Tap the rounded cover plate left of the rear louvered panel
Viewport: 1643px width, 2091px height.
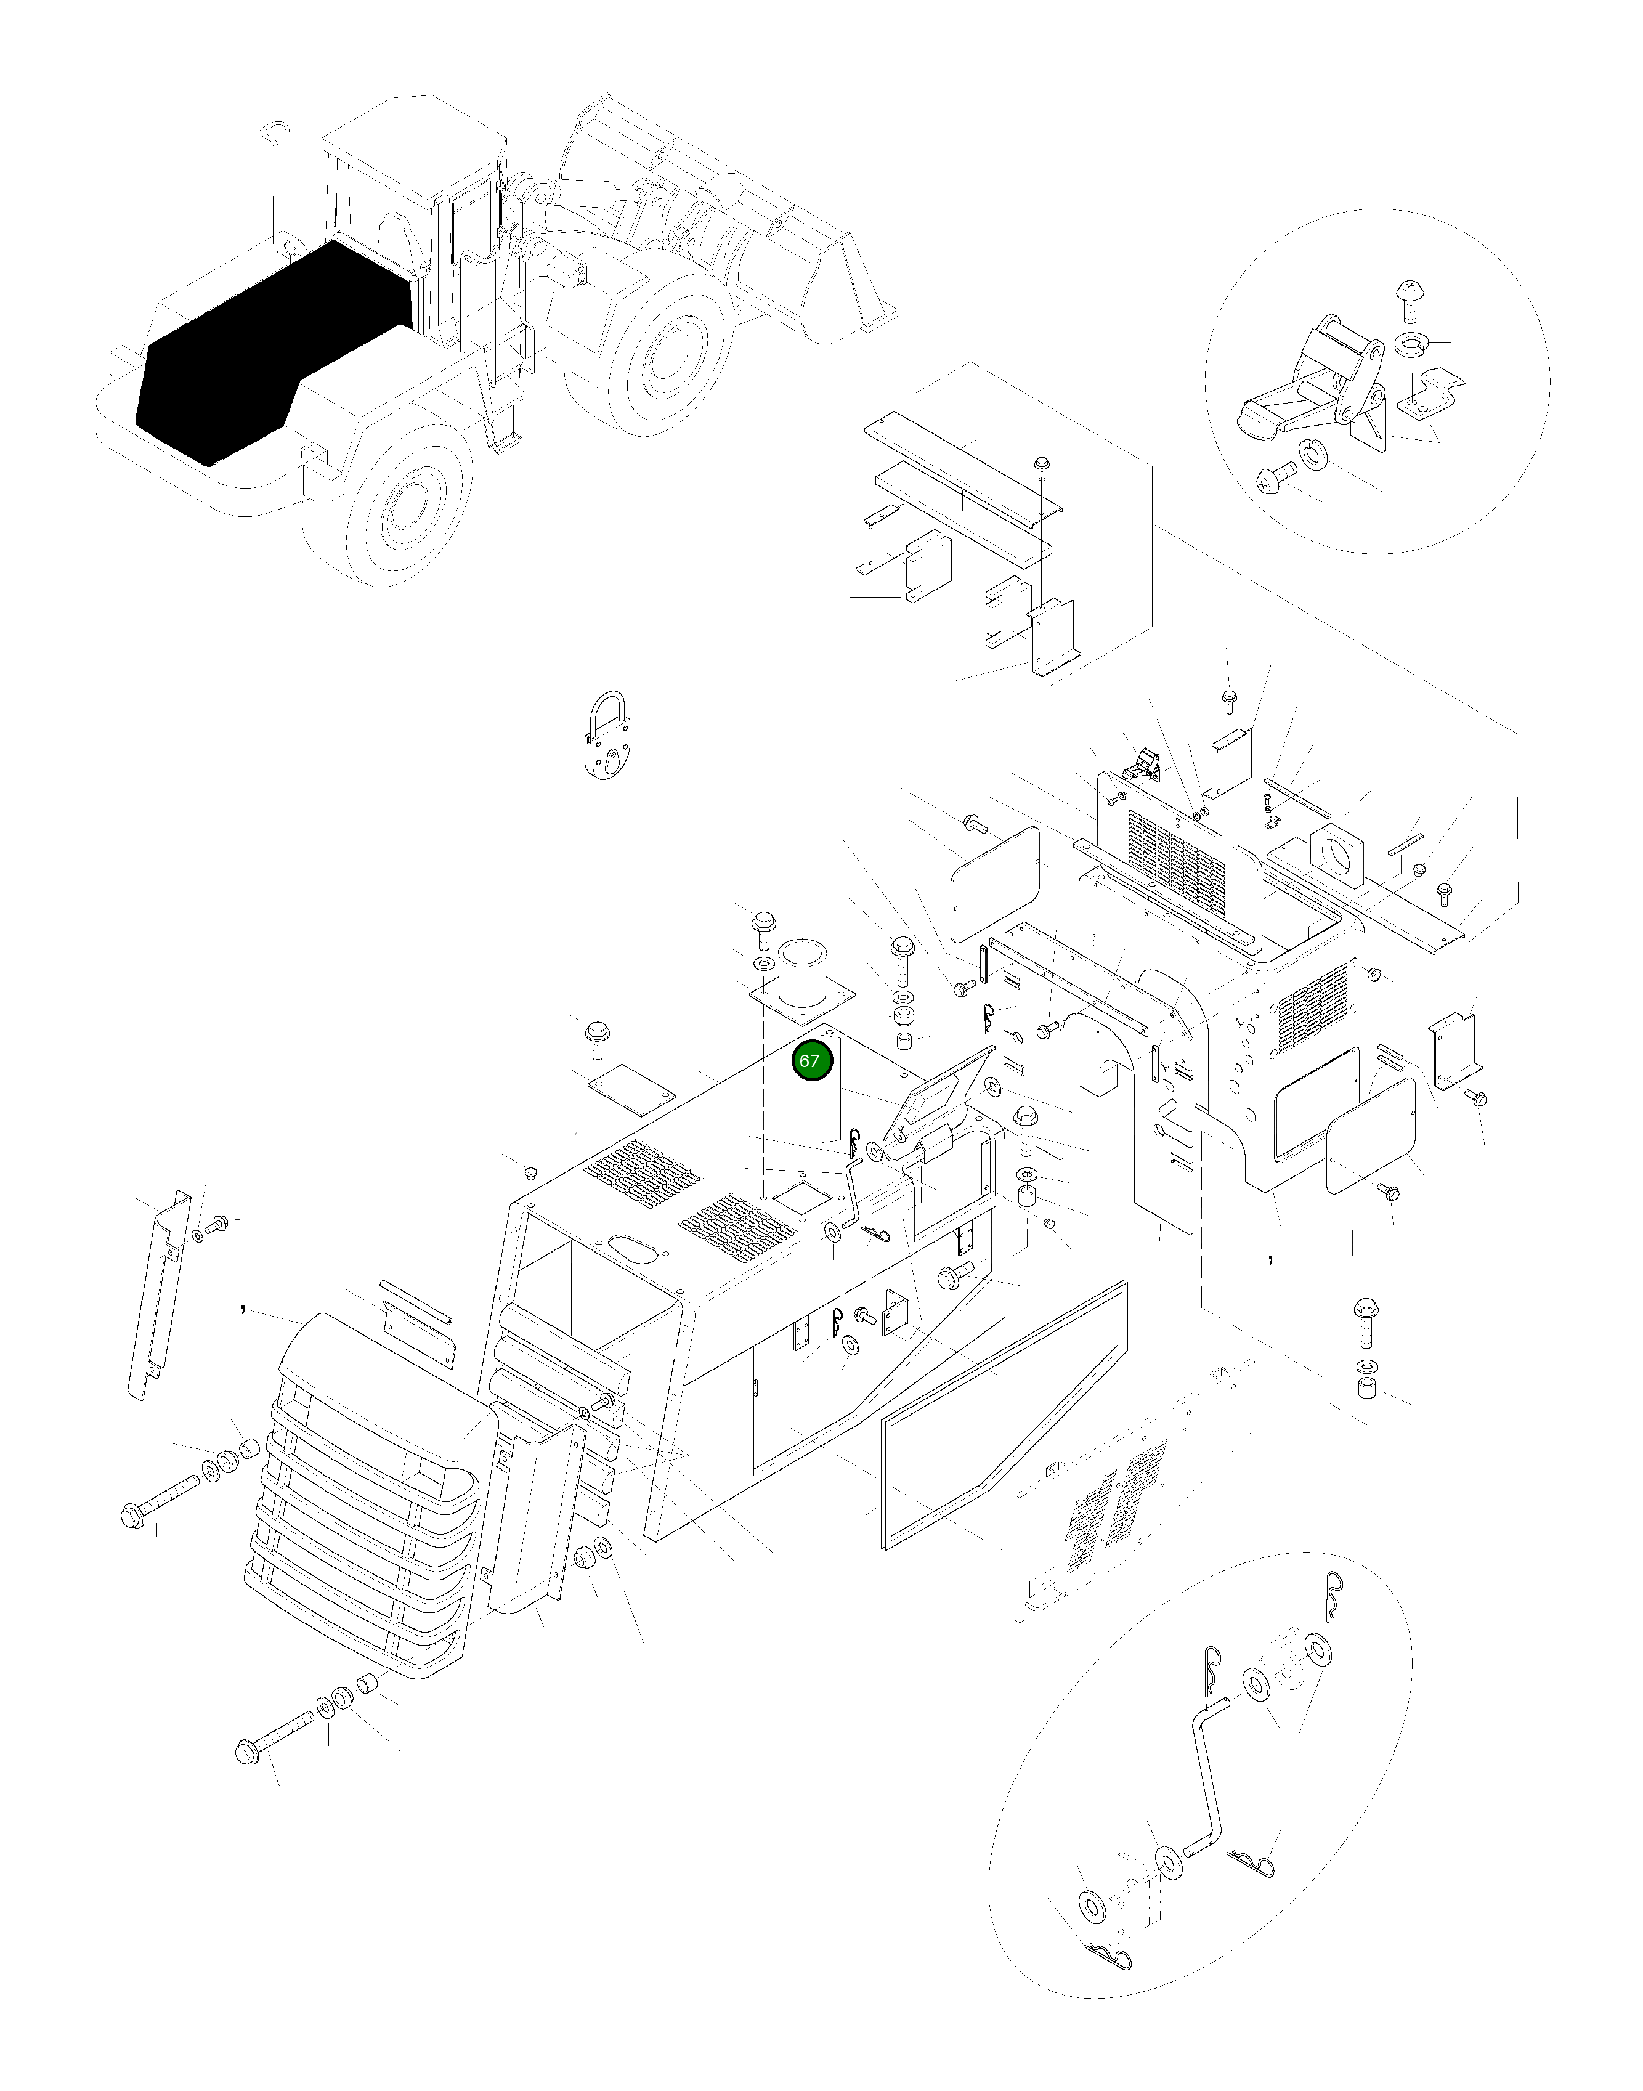(995, 883)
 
